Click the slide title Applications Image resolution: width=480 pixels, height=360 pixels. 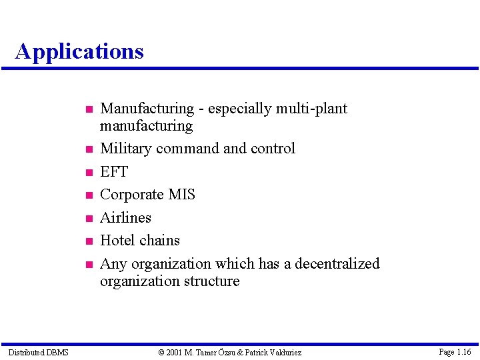pyautogui.click(x=79, y=51)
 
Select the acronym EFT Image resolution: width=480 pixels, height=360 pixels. pyautogui.click(x=113, y=172)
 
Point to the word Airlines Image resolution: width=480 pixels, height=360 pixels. pyautogui.click(x=125, y=218)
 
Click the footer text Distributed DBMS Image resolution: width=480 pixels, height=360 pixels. pyautogui.click(x=38, y=352)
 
